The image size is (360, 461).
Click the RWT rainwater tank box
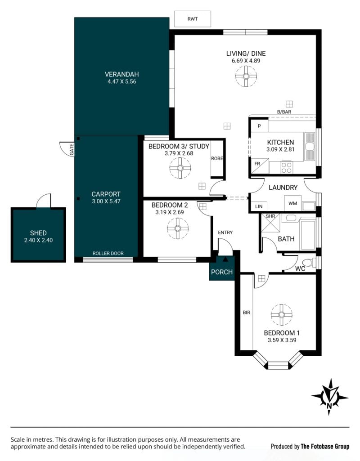click(192, 19)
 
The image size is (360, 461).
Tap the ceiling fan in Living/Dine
click(246, 76)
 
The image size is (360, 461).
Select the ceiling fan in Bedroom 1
click(281, 315)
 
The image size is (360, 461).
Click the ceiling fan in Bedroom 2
click(178, 228)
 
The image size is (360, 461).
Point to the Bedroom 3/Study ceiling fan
click(180, 168)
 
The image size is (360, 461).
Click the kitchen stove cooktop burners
click(286, 168)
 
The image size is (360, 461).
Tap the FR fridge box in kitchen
click(260, 166)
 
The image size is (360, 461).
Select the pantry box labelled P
click(259, 126)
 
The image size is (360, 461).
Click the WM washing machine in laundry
click(292, 203)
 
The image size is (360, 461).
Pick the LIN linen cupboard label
click(259, 206)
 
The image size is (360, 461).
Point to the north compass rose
click(330, 397)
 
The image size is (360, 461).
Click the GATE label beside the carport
click(72, 149)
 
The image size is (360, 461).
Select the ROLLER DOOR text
click(108, 253)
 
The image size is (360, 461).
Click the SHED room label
click(38, 233)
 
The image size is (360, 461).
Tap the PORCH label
click(222, 272)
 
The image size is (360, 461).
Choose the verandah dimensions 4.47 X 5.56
click(122, 82)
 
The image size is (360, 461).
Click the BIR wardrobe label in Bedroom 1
click(247, 313)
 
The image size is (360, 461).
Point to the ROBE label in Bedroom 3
click(217, 158)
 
